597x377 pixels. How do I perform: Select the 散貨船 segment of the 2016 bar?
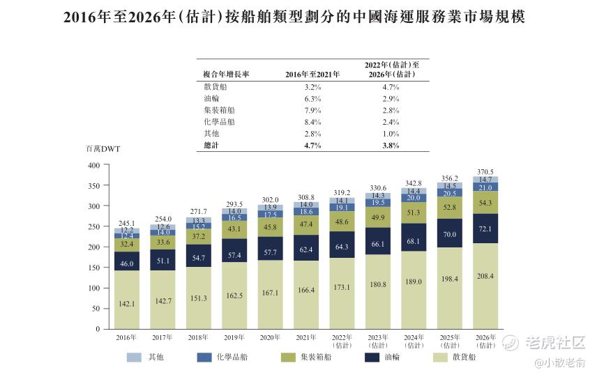point(126,300)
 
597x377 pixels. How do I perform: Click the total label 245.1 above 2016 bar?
point(126,224)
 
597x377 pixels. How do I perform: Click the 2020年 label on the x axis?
point(269,338)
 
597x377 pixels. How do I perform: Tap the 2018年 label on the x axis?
point(197,338)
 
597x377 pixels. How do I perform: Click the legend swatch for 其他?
point(134,357)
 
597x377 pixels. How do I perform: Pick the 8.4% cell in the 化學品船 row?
point(312,121)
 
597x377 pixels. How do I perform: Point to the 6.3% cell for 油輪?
point(312,99)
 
